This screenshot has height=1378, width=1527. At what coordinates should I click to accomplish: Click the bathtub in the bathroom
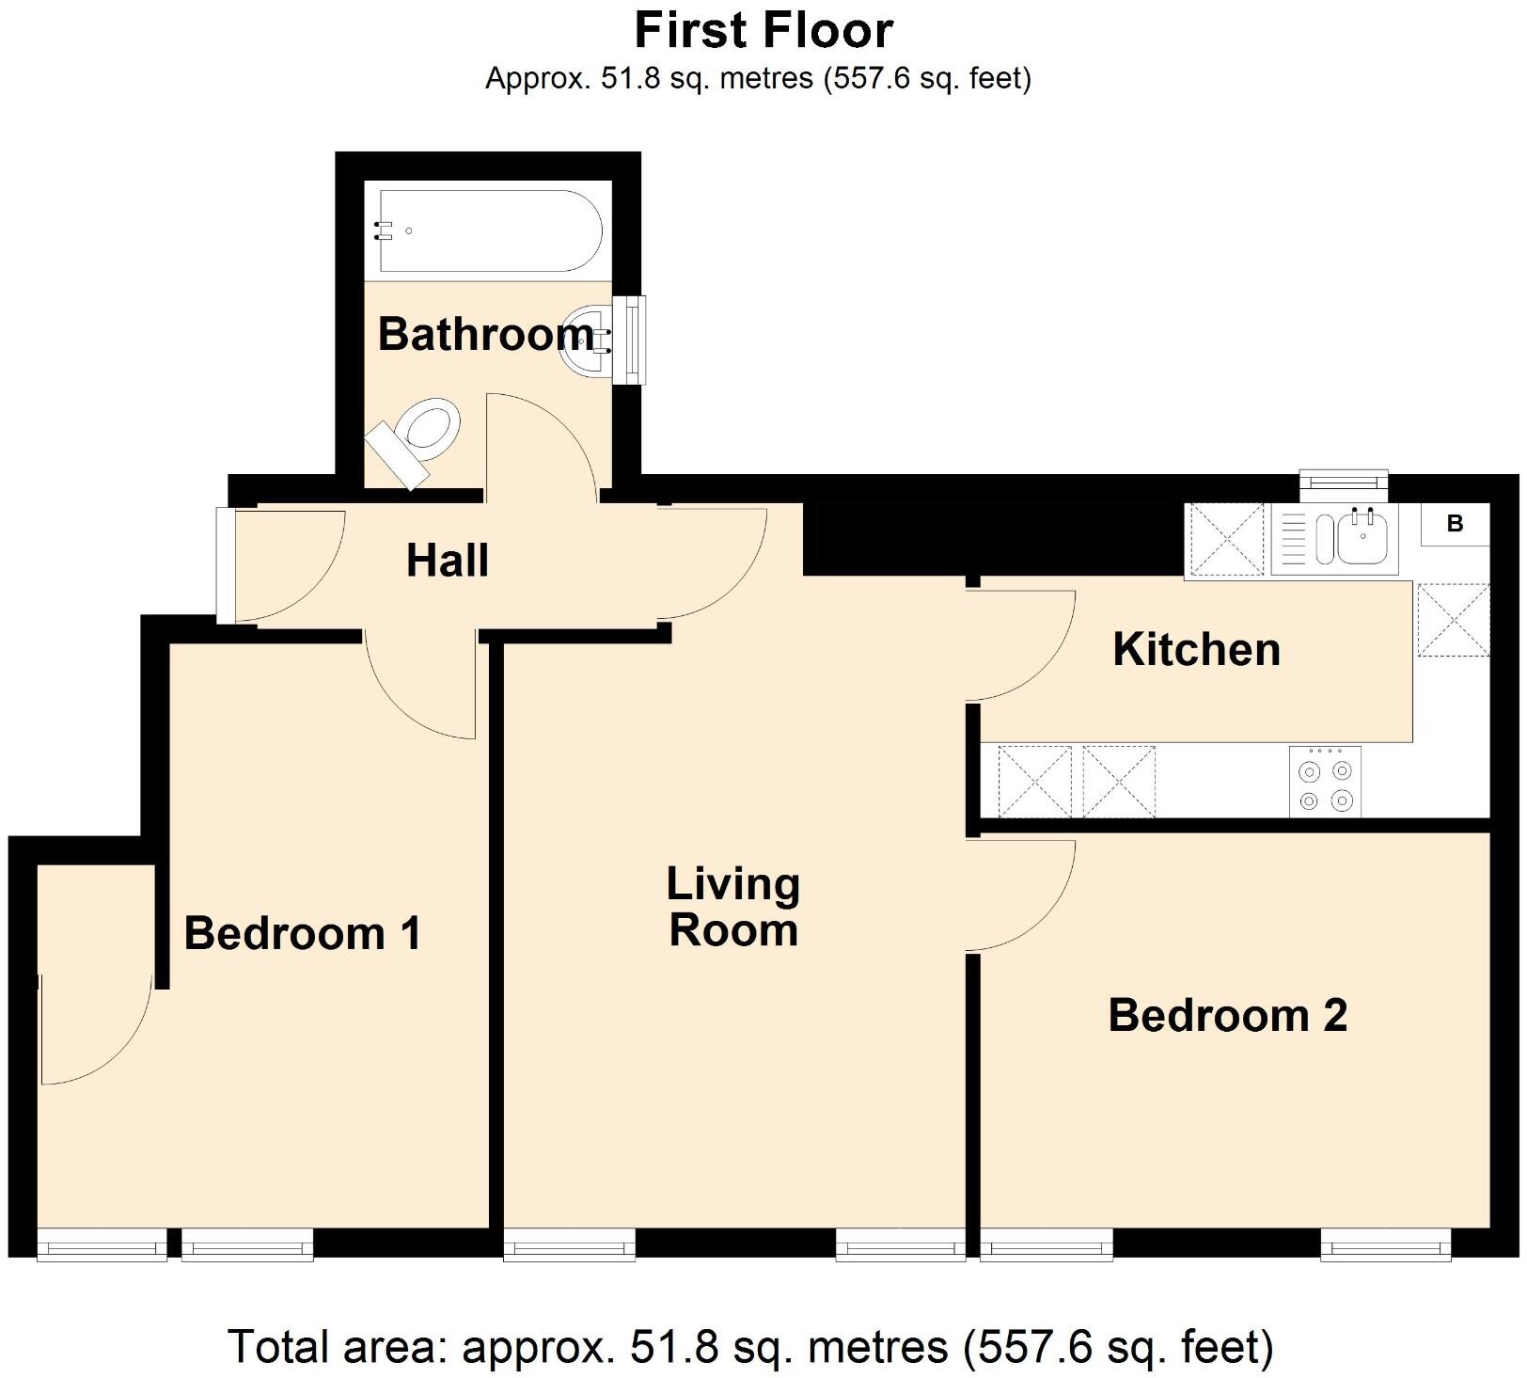tap(489, 230)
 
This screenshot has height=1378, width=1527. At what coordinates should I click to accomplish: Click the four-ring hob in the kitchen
tap(1325, 781)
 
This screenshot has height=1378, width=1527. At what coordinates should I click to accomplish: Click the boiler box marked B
tap(1455, 524)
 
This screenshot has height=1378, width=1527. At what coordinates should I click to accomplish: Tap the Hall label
tap(448, 561)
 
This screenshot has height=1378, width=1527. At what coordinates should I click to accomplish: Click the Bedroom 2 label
tap(1227, 1016)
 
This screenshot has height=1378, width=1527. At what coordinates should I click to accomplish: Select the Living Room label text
tap(733, 907)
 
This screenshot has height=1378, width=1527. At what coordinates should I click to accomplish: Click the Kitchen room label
tap(1196, 650)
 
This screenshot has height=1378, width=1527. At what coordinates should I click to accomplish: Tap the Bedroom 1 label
tap(302, 934)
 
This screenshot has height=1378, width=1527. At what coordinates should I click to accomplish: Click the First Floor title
tap(763, 30)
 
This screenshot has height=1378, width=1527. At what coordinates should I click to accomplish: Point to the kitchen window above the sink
tap(1343, 483)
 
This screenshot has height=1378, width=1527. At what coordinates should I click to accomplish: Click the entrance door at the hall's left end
tap(227, 565)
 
